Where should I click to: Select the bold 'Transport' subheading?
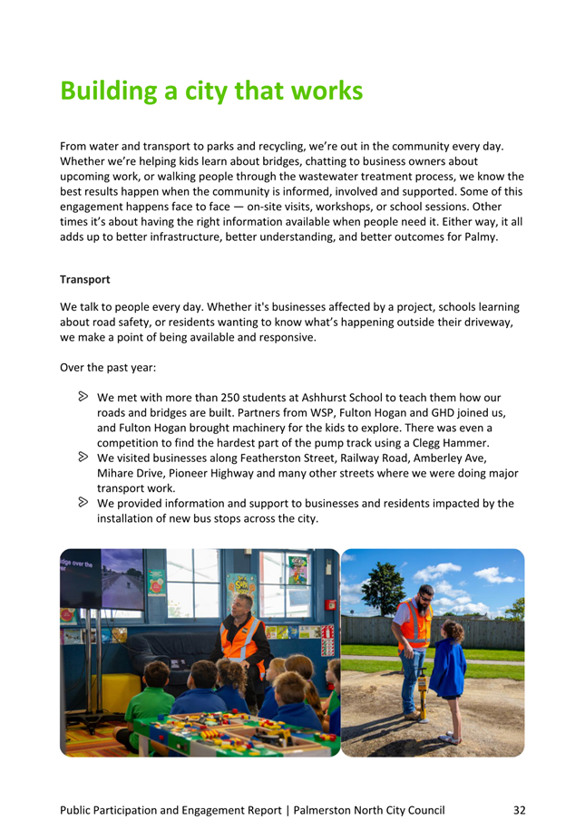(x=85, y=280)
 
